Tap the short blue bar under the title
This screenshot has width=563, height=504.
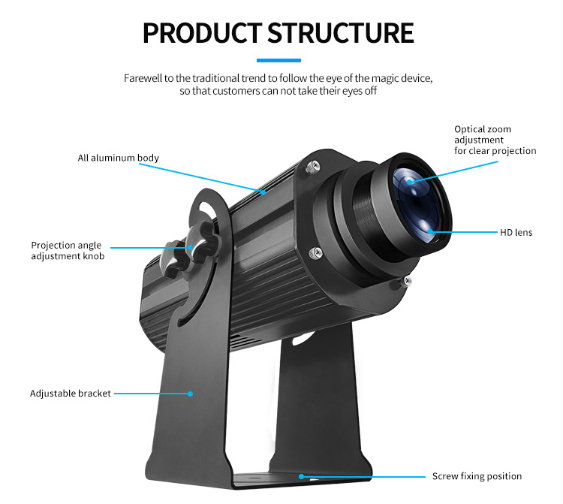[x=278, y=60]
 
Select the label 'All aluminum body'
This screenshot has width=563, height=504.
[x=118, y=158]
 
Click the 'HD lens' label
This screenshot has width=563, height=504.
[x=516, y=232]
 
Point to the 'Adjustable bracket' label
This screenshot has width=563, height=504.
[x=71, y=393]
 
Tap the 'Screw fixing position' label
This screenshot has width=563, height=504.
[x=477, y=476]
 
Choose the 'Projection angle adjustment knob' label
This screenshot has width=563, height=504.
[x=68, y=251]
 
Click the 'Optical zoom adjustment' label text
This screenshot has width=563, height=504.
[x=495, y=140]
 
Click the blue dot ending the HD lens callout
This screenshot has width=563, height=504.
[x=430, y=231]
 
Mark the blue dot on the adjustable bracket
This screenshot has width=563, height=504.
[x=191, y=393]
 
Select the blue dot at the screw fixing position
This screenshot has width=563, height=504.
[x=301, y=476]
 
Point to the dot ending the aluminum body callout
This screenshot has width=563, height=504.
[x=264, y=192]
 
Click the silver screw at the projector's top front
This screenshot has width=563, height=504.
[x=309, y=170]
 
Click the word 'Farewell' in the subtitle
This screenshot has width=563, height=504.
[x=143, y=78]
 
